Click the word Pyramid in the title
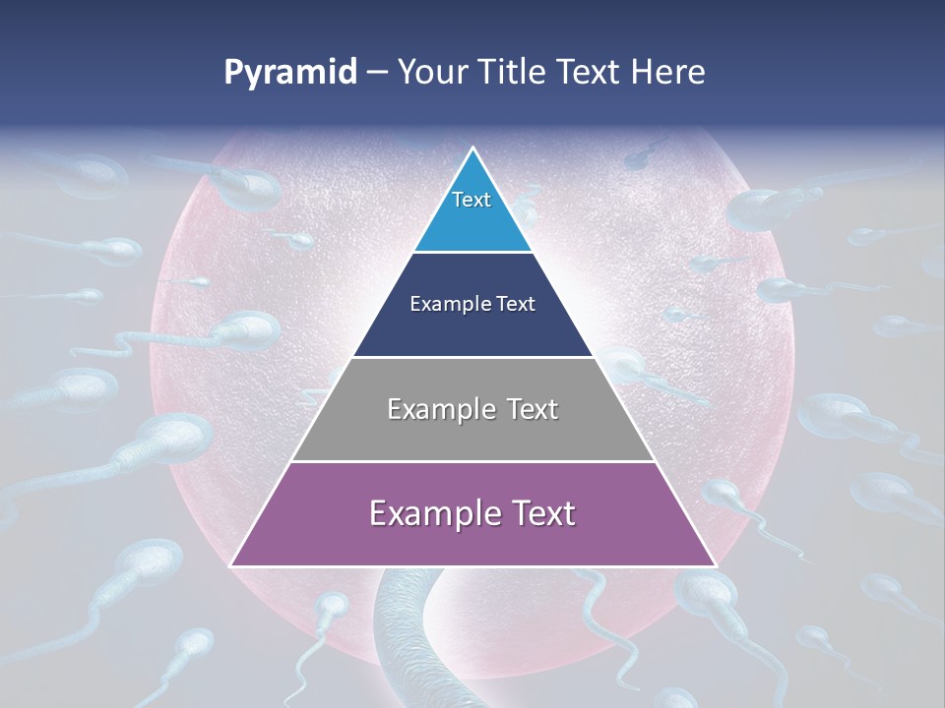pos(289,73)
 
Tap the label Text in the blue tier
pos(472,200)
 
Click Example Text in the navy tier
pos(472,304)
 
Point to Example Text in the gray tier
pos(472,409)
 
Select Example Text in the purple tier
pos(472,513)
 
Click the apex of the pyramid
pos(472,148)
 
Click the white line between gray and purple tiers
pos(472,461)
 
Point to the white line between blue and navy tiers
pos(472,253)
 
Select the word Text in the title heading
pos(589,73)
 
